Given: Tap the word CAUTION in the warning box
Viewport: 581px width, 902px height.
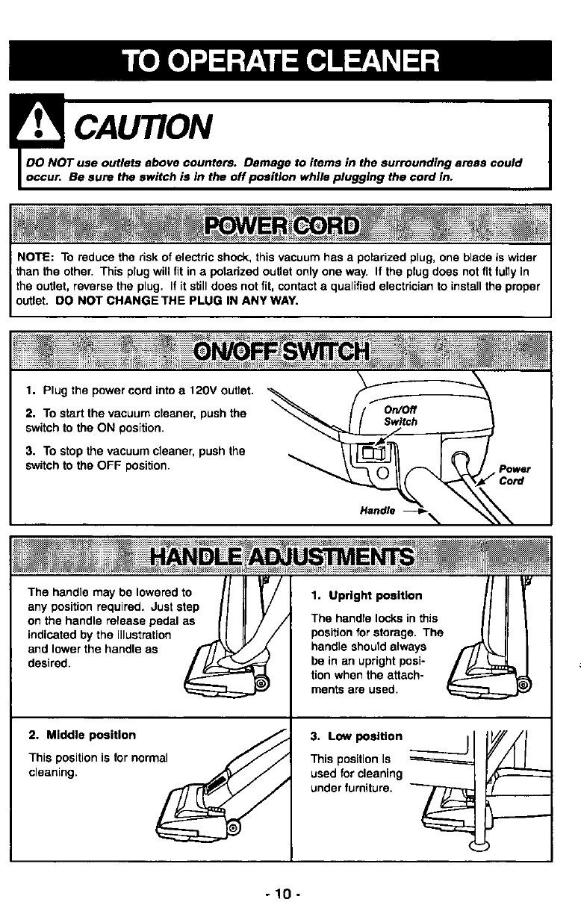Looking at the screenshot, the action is click(143, 126).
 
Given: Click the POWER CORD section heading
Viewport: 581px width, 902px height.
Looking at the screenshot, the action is click(282, 225).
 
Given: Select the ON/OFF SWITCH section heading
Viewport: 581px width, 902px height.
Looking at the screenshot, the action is click(281, 352).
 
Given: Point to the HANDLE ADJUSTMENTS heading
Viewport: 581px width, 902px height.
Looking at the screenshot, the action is click(282, 557).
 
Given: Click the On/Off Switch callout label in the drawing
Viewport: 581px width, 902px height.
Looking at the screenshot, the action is click(400, 416).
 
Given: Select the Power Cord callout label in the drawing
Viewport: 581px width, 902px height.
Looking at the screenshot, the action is click(515, 475).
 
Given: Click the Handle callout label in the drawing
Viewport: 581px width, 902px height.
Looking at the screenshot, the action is click(377, 511).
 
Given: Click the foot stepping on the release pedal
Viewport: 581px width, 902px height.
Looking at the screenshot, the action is click(241, 656).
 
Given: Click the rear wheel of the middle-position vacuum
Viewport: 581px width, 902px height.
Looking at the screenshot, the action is click(233, 827).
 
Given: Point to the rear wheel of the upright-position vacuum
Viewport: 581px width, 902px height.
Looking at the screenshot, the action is click(523, 685).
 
